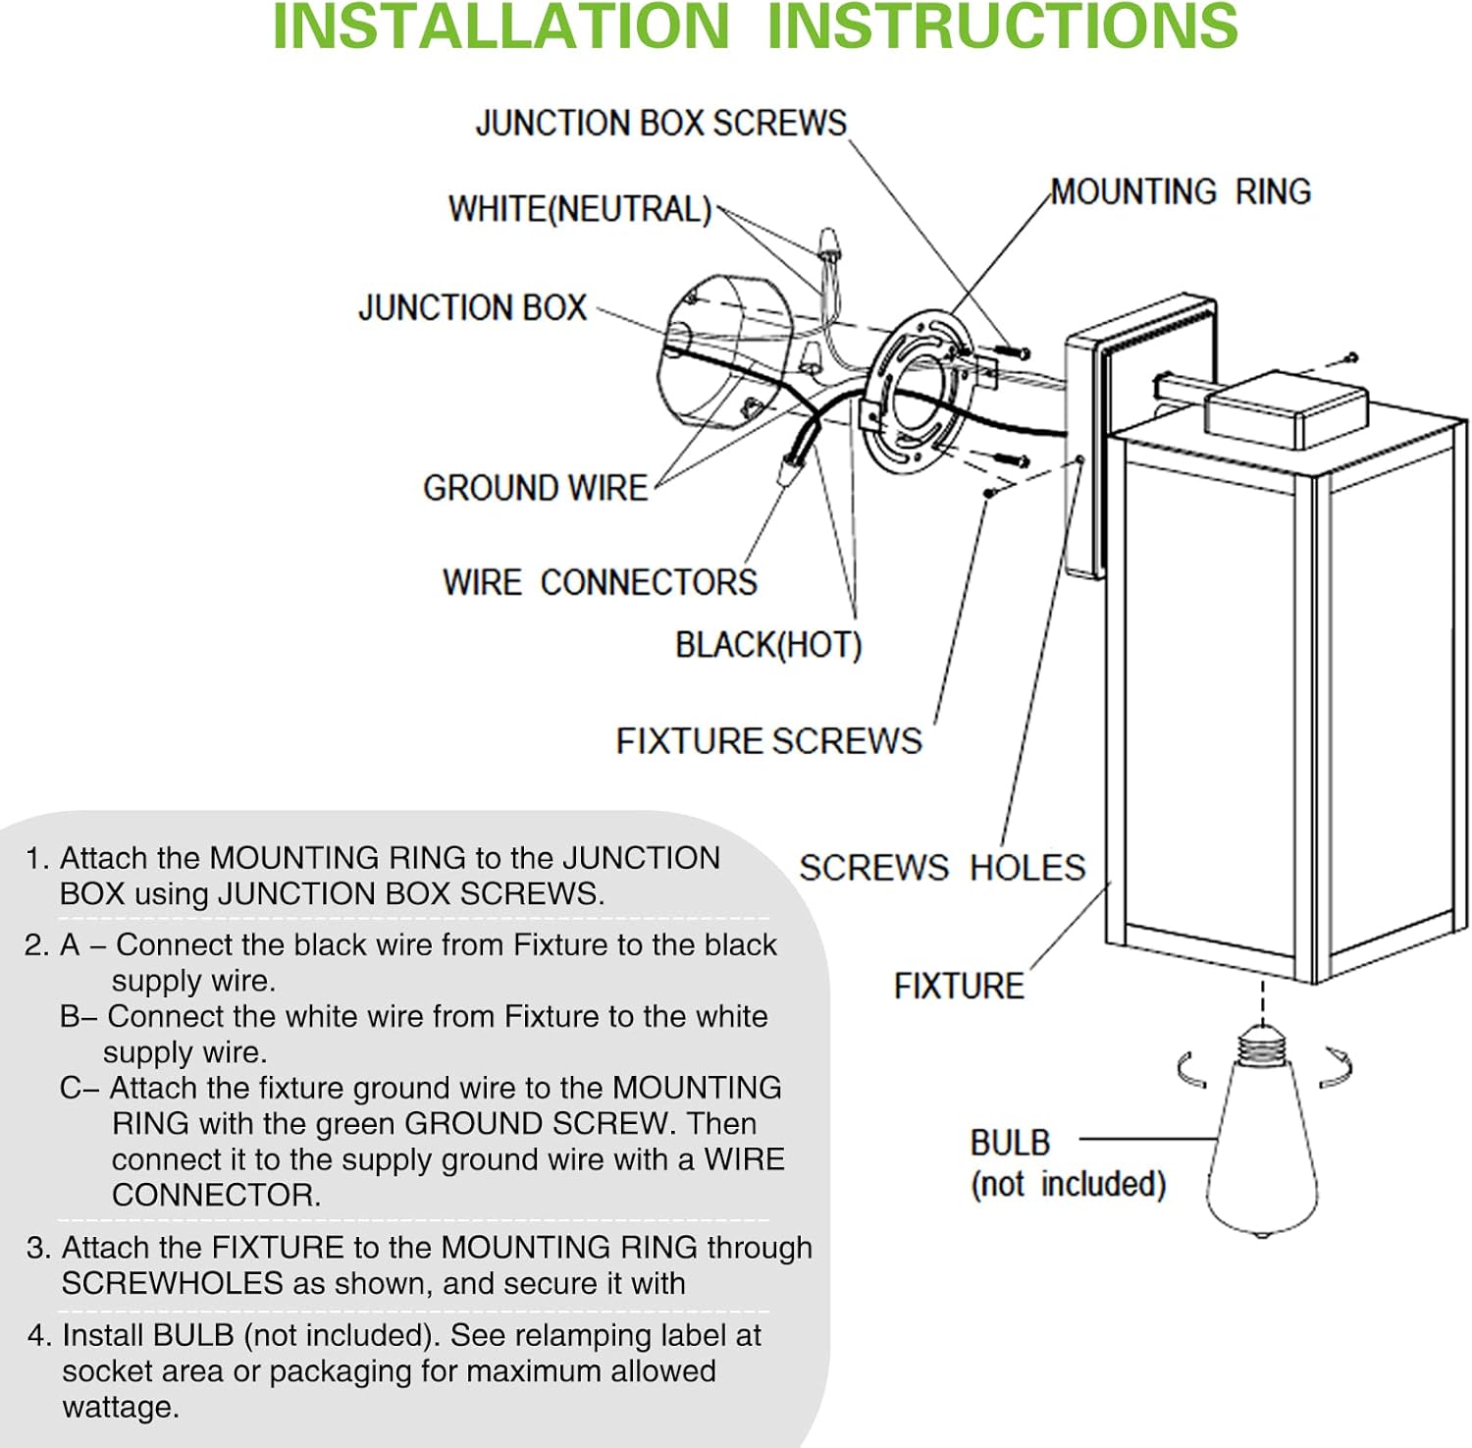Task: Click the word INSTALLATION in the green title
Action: [500, 27]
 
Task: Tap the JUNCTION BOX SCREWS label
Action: [660, 124]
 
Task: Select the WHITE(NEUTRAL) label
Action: [579, 209]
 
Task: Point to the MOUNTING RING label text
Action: [1181, 191]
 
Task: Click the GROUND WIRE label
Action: [535, 488]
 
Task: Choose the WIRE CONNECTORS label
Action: [600, 582]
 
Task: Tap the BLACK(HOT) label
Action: [768, 645]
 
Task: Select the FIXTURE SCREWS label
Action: [768, 741]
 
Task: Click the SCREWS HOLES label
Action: [942, 868]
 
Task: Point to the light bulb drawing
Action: [1262, 1149]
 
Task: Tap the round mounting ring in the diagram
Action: [913, 393]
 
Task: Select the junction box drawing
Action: [721, 353]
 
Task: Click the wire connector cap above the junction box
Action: [830, 241]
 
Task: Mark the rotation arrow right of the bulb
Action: [1336, 1067]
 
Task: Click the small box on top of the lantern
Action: [1286, 407]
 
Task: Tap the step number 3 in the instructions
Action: [37, 1248]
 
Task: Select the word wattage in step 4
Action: [121, 1408]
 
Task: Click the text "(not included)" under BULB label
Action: [1068, 1184]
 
